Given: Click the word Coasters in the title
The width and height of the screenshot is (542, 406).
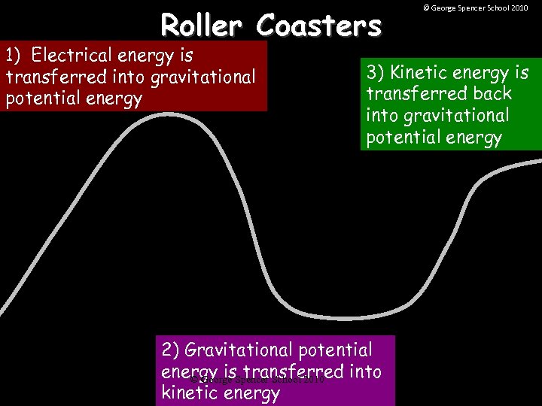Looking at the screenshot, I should coord(318,26).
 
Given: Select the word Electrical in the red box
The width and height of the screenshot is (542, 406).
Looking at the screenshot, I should coord(75,56).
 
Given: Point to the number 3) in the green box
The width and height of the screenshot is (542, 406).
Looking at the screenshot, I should coord(376,73).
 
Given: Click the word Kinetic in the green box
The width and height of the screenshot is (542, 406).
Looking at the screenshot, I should coord(422,73).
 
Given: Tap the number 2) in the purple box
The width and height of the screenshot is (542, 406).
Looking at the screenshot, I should coord(171,350).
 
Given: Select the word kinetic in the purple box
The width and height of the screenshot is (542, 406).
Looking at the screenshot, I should coord(187,393).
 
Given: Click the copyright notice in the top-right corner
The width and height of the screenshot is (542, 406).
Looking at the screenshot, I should coord(475,8).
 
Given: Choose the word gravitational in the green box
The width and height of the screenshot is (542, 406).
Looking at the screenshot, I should coord(437,117).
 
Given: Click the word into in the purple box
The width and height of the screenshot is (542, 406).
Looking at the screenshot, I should coord(364,371).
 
